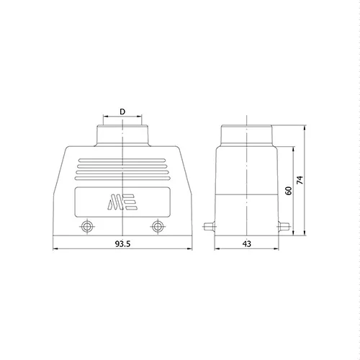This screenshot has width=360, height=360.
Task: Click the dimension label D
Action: tap(122, 112)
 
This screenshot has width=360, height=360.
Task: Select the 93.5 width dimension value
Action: tap(122, 244)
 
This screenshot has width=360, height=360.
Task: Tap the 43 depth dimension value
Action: tap(247, 244)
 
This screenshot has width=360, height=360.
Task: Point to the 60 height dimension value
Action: tap(289, 191)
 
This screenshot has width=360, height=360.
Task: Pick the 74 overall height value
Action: tap(300, 180)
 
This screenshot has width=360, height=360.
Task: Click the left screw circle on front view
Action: tap(87, 226)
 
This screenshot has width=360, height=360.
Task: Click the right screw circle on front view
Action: tap(158, 226)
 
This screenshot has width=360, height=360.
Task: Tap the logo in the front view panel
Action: tap(122, 202)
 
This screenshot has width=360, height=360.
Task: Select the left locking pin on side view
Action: tap(210, 227)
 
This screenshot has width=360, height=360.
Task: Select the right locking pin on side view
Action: tap(284, 227)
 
